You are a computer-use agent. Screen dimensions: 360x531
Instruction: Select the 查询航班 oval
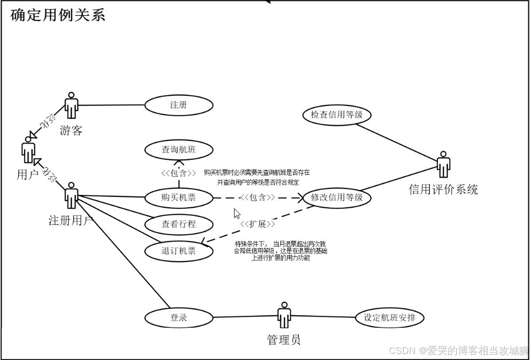coord(179,150)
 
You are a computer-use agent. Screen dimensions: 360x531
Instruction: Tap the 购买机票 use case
coord(179,197)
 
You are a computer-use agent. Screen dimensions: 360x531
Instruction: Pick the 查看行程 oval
coord(179,224)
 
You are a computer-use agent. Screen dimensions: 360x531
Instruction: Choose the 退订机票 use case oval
coord(179,251)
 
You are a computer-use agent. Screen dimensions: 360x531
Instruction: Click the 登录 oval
coord(179,317)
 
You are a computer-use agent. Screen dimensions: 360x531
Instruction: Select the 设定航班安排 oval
coord(390,317)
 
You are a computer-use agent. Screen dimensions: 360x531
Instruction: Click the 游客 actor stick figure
coord(71,105)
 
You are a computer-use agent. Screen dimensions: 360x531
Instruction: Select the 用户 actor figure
coord(28,150)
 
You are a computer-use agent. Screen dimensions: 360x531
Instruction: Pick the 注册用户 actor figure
coord(71,196)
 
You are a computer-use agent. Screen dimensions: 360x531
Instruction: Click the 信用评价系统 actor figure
coord(443,165)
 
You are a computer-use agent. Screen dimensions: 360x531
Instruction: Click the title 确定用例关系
coord(58,15)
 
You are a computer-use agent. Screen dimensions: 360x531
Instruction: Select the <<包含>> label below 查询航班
coord(179,173)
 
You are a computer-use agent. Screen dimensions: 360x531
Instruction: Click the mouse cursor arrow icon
coord(237,213)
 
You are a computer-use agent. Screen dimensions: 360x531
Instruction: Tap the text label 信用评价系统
coord(443,189)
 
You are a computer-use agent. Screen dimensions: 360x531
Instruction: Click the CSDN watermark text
coord(458,351)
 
